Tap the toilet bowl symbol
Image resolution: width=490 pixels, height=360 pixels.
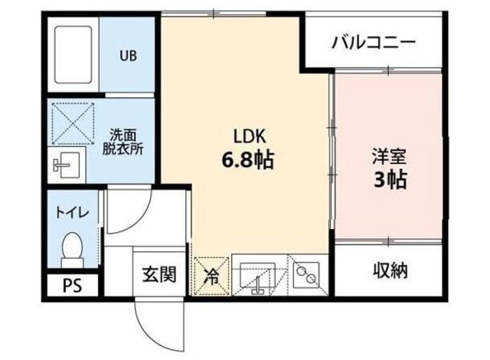[x=72, y=247]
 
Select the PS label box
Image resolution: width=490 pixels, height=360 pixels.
[x=71, y=288]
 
